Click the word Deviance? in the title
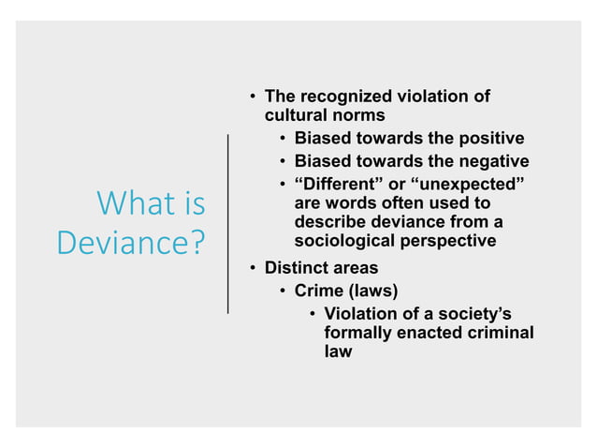pos(131,243)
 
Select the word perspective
pos(447,242)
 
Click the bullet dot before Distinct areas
pos(253,269)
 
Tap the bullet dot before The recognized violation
pos(253,97)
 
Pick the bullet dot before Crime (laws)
pos(283,291)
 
